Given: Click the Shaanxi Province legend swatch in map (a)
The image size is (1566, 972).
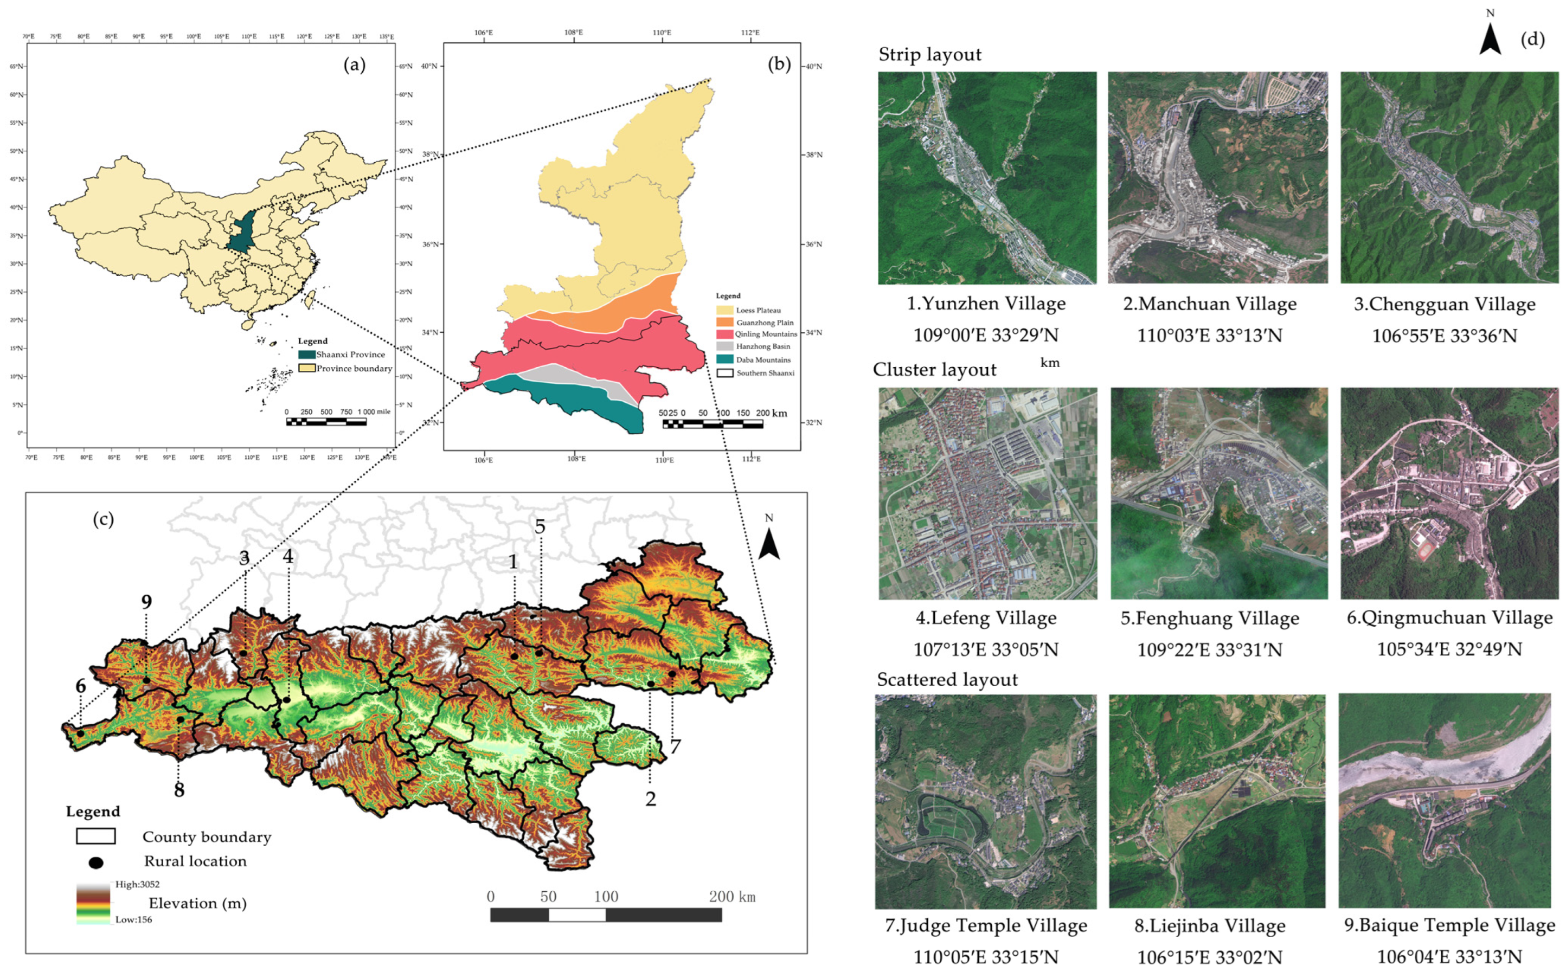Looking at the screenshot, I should tap(307, 354).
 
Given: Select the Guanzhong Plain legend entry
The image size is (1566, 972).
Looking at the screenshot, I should tap(765, 323).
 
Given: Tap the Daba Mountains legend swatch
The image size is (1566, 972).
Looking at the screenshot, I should tap(725, 360).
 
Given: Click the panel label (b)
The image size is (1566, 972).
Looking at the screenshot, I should tap(779, 65).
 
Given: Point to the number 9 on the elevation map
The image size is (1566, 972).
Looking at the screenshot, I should tap(146, 602).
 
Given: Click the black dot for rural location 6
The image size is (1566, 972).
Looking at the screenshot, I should tap(80, 733).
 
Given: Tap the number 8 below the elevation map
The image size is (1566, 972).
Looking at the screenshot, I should tap(179, 789).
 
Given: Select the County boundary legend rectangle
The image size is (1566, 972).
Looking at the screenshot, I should tap(96, 836).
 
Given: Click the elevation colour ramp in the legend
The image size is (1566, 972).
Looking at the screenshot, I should tap(93, 903).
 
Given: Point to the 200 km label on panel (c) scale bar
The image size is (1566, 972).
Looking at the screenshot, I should tap(731, 897).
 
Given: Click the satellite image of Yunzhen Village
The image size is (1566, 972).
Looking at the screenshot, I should tap(987, 178).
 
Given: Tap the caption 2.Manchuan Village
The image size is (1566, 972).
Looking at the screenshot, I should tap(1209, 304).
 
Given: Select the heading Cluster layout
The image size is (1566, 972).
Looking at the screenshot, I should tap(934, 370).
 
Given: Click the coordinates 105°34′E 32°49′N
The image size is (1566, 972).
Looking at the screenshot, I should tap(1449, 649).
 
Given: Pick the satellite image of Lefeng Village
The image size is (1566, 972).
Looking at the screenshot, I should tap(987, 494).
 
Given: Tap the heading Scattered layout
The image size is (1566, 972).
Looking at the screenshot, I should tap(947, 679).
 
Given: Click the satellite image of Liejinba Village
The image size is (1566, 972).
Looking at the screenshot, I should tap(1217, 801).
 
